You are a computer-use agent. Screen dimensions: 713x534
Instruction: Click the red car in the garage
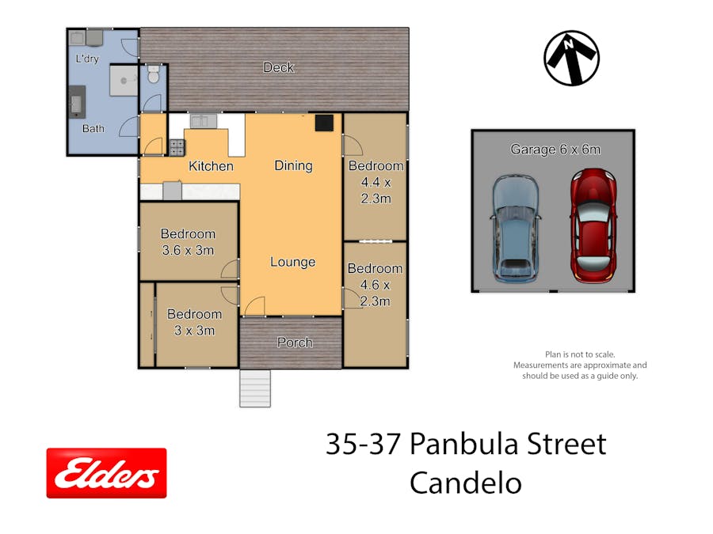tap(593, 225)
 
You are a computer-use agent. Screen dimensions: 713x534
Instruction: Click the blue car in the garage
tap(515, 229)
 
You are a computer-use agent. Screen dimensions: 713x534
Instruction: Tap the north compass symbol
tap(571, 58)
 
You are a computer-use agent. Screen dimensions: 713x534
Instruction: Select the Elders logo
tap(106, 473)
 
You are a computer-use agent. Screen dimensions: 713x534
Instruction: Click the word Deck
tap(279, 68)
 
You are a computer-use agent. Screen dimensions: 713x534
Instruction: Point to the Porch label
tap(295, 343)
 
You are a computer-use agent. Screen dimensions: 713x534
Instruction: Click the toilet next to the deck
tap(153, 74)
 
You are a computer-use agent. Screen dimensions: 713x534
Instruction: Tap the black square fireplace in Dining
tap(324, 123)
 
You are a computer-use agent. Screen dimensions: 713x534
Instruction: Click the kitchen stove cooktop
tap(177, 148)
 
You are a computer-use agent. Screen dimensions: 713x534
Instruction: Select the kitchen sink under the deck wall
tap(204, 121)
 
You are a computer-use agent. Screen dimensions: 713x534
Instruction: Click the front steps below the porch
tap(255, 388)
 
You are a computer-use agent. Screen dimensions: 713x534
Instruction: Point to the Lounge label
tap(293, 262)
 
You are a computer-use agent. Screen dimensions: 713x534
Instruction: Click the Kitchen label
tap(211, 166)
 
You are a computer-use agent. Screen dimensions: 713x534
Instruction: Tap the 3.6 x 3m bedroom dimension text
tap(188, 250)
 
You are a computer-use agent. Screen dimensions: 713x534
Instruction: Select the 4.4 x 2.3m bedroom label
tap(376, 182)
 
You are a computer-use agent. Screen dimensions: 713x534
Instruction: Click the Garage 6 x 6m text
tap(555, 150)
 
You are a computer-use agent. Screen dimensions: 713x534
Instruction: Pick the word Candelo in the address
tap(466, 483)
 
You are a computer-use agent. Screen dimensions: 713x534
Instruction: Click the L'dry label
tap(87, 59)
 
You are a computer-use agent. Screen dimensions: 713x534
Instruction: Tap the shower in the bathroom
tap(124, 81)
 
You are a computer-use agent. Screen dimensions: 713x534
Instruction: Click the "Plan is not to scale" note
tap(580, 354)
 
